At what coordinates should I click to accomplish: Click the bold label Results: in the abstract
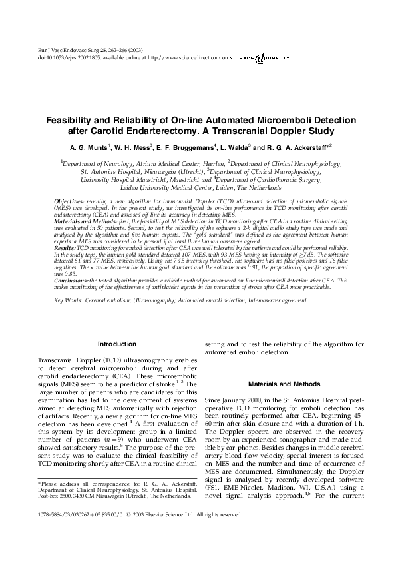[64, 247]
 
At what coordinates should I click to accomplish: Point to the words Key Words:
[67, 300]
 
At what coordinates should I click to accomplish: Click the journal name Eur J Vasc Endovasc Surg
[61, 51]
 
